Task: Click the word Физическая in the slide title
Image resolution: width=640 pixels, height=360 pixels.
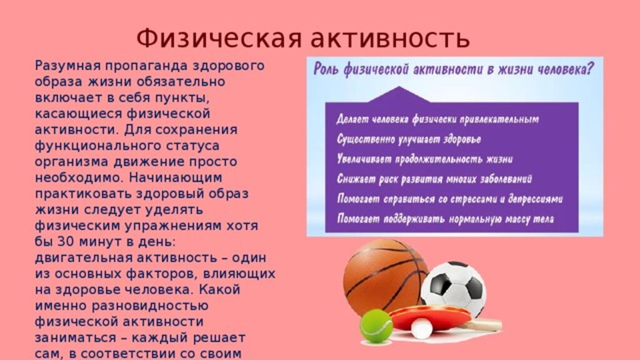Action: [219, 38]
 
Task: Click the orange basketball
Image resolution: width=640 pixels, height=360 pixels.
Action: [385, 277]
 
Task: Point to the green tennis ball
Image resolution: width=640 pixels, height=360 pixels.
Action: [376, 326]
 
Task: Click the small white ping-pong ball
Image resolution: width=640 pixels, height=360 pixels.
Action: [421, 329]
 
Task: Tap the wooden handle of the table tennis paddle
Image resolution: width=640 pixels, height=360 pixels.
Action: [486, 325]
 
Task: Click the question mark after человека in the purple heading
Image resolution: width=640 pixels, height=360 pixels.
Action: [589, 68]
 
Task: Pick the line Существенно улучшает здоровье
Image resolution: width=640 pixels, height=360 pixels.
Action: [409, 139]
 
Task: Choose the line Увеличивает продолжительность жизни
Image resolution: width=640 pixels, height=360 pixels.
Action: [424, 159]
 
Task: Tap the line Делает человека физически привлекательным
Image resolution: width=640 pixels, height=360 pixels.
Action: [437, 119]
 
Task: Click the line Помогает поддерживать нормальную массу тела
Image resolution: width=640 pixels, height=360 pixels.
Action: [445, 219]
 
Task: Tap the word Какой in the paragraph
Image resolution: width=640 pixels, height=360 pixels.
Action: [220, 289]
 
